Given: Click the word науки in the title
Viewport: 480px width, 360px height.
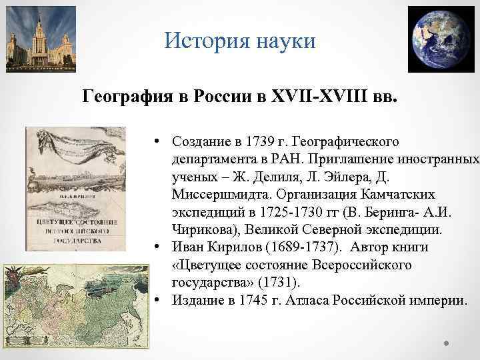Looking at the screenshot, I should [x=281, y=42].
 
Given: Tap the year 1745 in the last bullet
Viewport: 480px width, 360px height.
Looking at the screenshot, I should [x=242, y=300].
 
